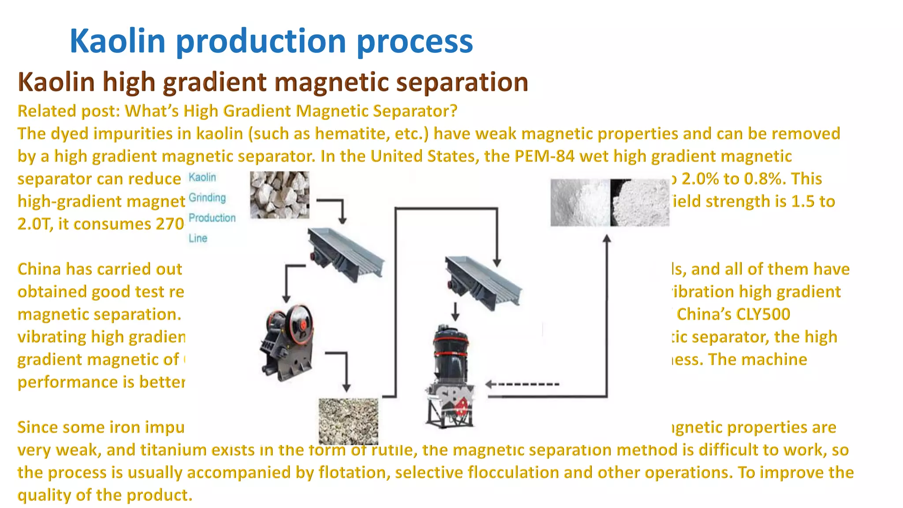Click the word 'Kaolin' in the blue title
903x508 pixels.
coord(117,41)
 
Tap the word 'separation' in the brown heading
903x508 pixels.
coord(462,82)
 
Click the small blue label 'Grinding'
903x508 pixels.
coord(207,198)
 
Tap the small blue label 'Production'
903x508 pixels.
coord(212,218)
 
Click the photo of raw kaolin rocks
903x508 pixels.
coord(280,195)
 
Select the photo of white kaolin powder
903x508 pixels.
coord(609,202)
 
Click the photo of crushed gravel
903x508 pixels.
coord(348,421)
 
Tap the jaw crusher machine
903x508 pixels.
coord(287,342)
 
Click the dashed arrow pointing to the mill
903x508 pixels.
coord(522,385)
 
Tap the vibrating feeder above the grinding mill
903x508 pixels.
coord(483,282)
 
